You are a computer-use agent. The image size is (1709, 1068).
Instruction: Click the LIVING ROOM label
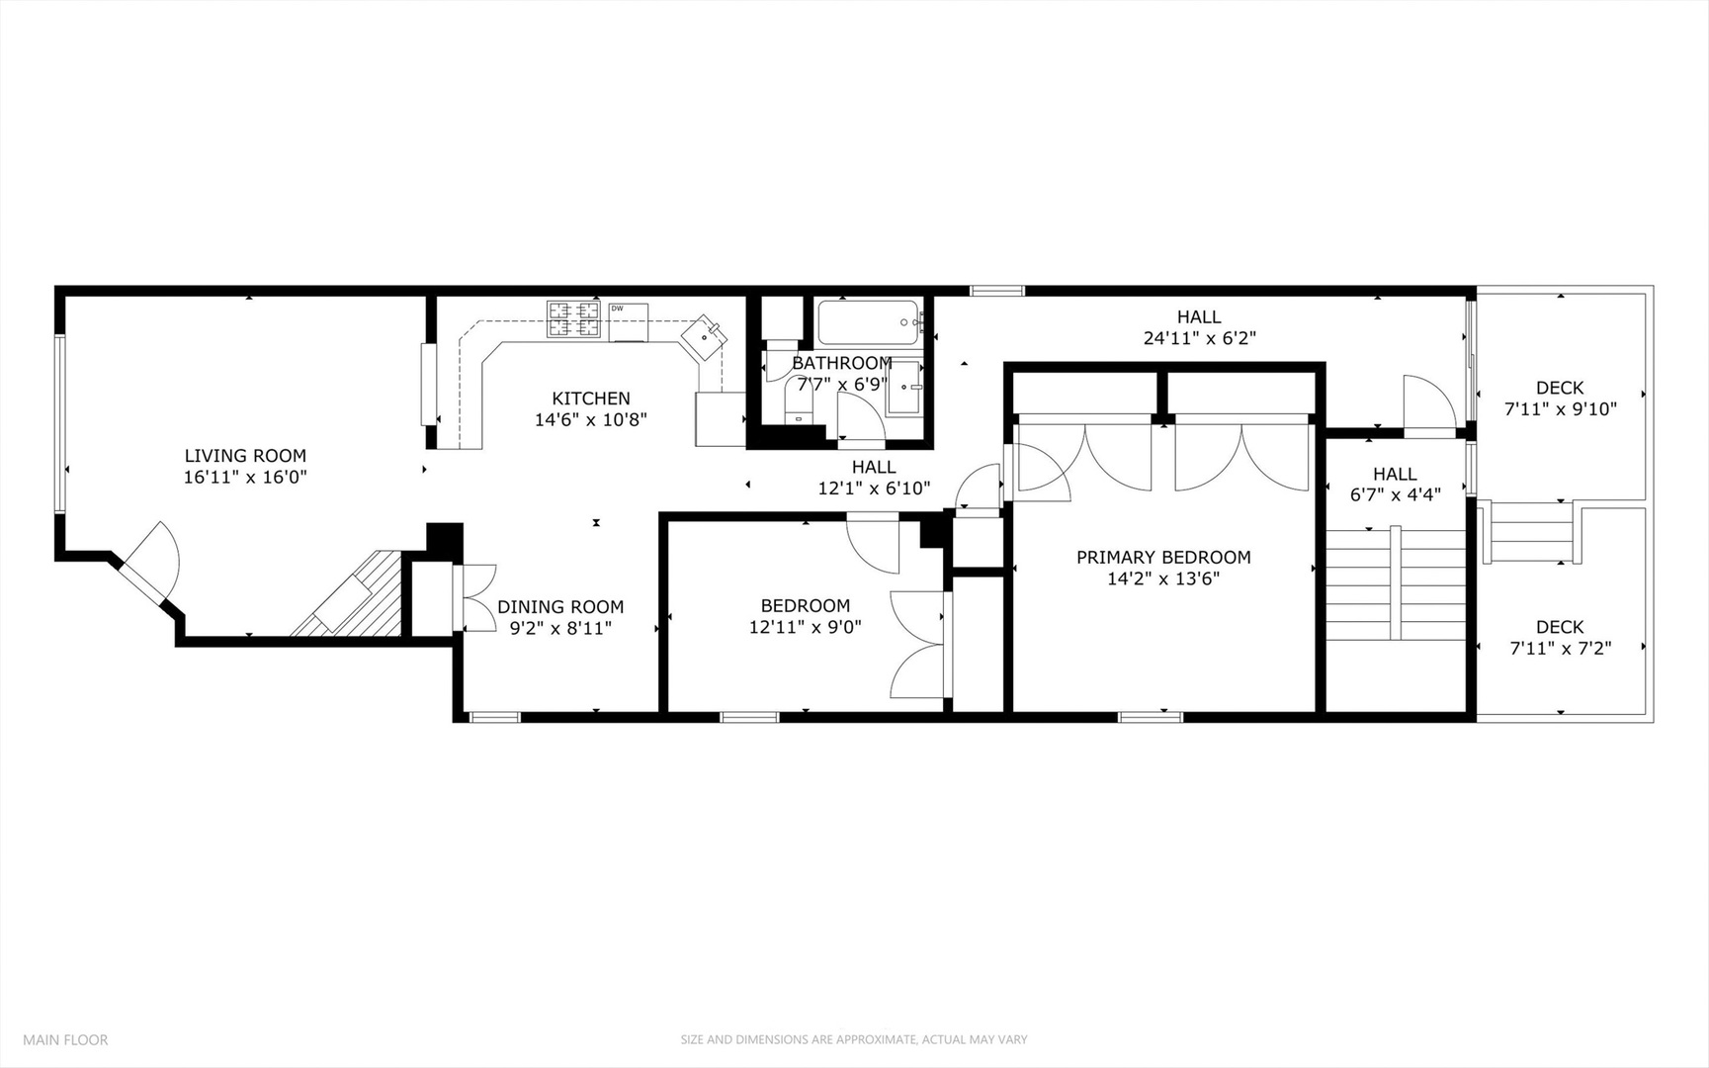pos(245,456)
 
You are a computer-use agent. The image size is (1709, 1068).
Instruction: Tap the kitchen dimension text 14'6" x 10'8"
pos(590,420)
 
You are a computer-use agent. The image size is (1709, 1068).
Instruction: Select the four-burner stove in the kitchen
pos(574,319)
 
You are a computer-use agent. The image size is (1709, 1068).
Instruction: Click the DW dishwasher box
pos(628,322)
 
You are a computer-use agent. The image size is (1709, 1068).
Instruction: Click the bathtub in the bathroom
pos(869,321)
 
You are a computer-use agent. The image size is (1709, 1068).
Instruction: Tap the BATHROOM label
pos(841,363)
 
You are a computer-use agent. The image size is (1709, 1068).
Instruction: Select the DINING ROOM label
pos(559,607)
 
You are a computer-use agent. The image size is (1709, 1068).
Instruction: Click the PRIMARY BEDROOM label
pos(1163,558)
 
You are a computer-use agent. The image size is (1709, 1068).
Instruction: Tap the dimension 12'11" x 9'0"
pos(805,627)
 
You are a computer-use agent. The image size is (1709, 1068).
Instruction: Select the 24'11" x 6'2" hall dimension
pos(1199,338)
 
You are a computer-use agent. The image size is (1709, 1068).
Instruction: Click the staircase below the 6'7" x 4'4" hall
pos(1395,583)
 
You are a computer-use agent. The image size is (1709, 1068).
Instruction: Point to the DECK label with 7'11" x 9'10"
pos(1559,388)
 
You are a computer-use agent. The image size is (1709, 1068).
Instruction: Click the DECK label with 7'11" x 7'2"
pos(1559,627)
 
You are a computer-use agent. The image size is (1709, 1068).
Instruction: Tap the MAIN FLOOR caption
pos(65,1039)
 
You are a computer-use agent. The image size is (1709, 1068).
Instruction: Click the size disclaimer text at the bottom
pos(853,1039)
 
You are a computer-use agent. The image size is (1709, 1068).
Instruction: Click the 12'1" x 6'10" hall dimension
pos(873,489)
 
